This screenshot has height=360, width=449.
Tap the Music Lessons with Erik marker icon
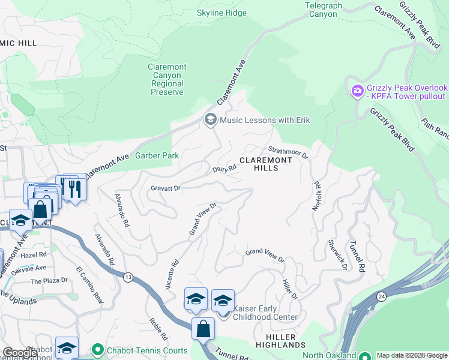click(210, 120)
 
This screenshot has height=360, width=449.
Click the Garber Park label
click(157, 155)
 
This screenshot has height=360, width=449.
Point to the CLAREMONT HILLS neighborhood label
click(266, 164)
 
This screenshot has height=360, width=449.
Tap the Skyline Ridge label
click(221, 12)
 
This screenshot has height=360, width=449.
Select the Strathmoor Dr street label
click(288, 152)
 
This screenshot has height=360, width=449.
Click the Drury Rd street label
click(224, 170)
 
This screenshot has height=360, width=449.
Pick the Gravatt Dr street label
click(166, 188)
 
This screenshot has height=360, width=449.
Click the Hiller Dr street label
click(290, 289)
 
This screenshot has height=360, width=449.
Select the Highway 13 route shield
click(128, 277)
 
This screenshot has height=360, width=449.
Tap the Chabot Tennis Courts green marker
click(97, 349)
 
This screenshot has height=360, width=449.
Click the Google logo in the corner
click(20, 352)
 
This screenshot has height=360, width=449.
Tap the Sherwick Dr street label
click(337, 255)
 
